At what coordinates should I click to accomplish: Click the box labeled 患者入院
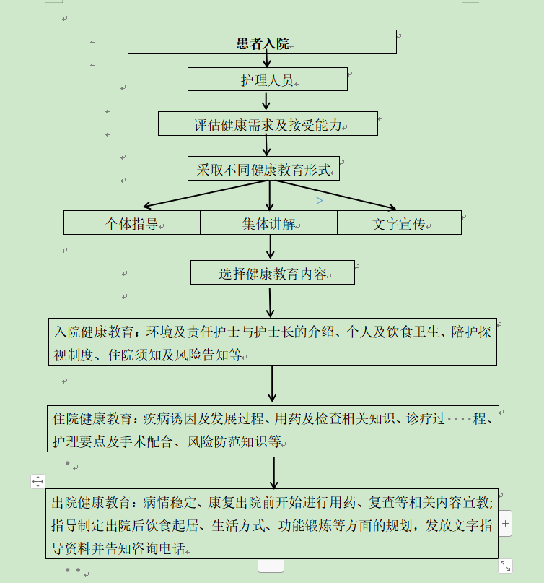click(x=262, y=42)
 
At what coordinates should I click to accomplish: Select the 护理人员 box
click(x=268, y=79)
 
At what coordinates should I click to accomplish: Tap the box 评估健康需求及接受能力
click(x=268, y=124)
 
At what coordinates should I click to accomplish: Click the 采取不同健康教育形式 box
click(x=263, y=168)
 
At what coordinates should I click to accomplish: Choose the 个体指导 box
click(x=132, y=223)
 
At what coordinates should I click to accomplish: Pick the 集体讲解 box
click(x=269, y=223)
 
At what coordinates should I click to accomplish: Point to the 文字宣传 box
click(x=399, y=223)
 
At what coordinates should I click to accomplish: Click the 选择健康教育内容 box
click(x=273, y=272)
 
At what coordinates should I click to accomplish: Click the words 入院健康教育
click(x=94, y=332)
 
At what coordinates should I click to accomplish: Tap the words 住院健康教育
click(x=92, y=419)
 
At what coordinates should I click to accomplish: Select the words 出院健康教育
click(x=91, y=503)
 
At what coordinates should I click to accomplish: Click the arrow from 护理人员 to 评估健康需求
click(x=266, y=101)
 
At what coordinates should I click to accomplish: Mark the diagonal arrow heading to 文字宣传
click(x=335, y=195)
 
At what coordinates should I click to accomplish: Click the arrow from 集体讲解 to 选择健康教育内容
click(x=271, y=247)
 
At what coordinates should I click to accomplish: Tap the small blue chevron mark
click(x=320, y=201)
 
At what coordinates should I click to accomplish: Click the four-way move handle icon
click(x=38, y=481)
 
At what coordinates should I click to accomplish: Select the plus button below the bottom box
click(x=271, y=566)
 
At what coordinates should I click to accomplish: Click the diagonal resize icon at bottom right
click(x=505, y=566)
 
